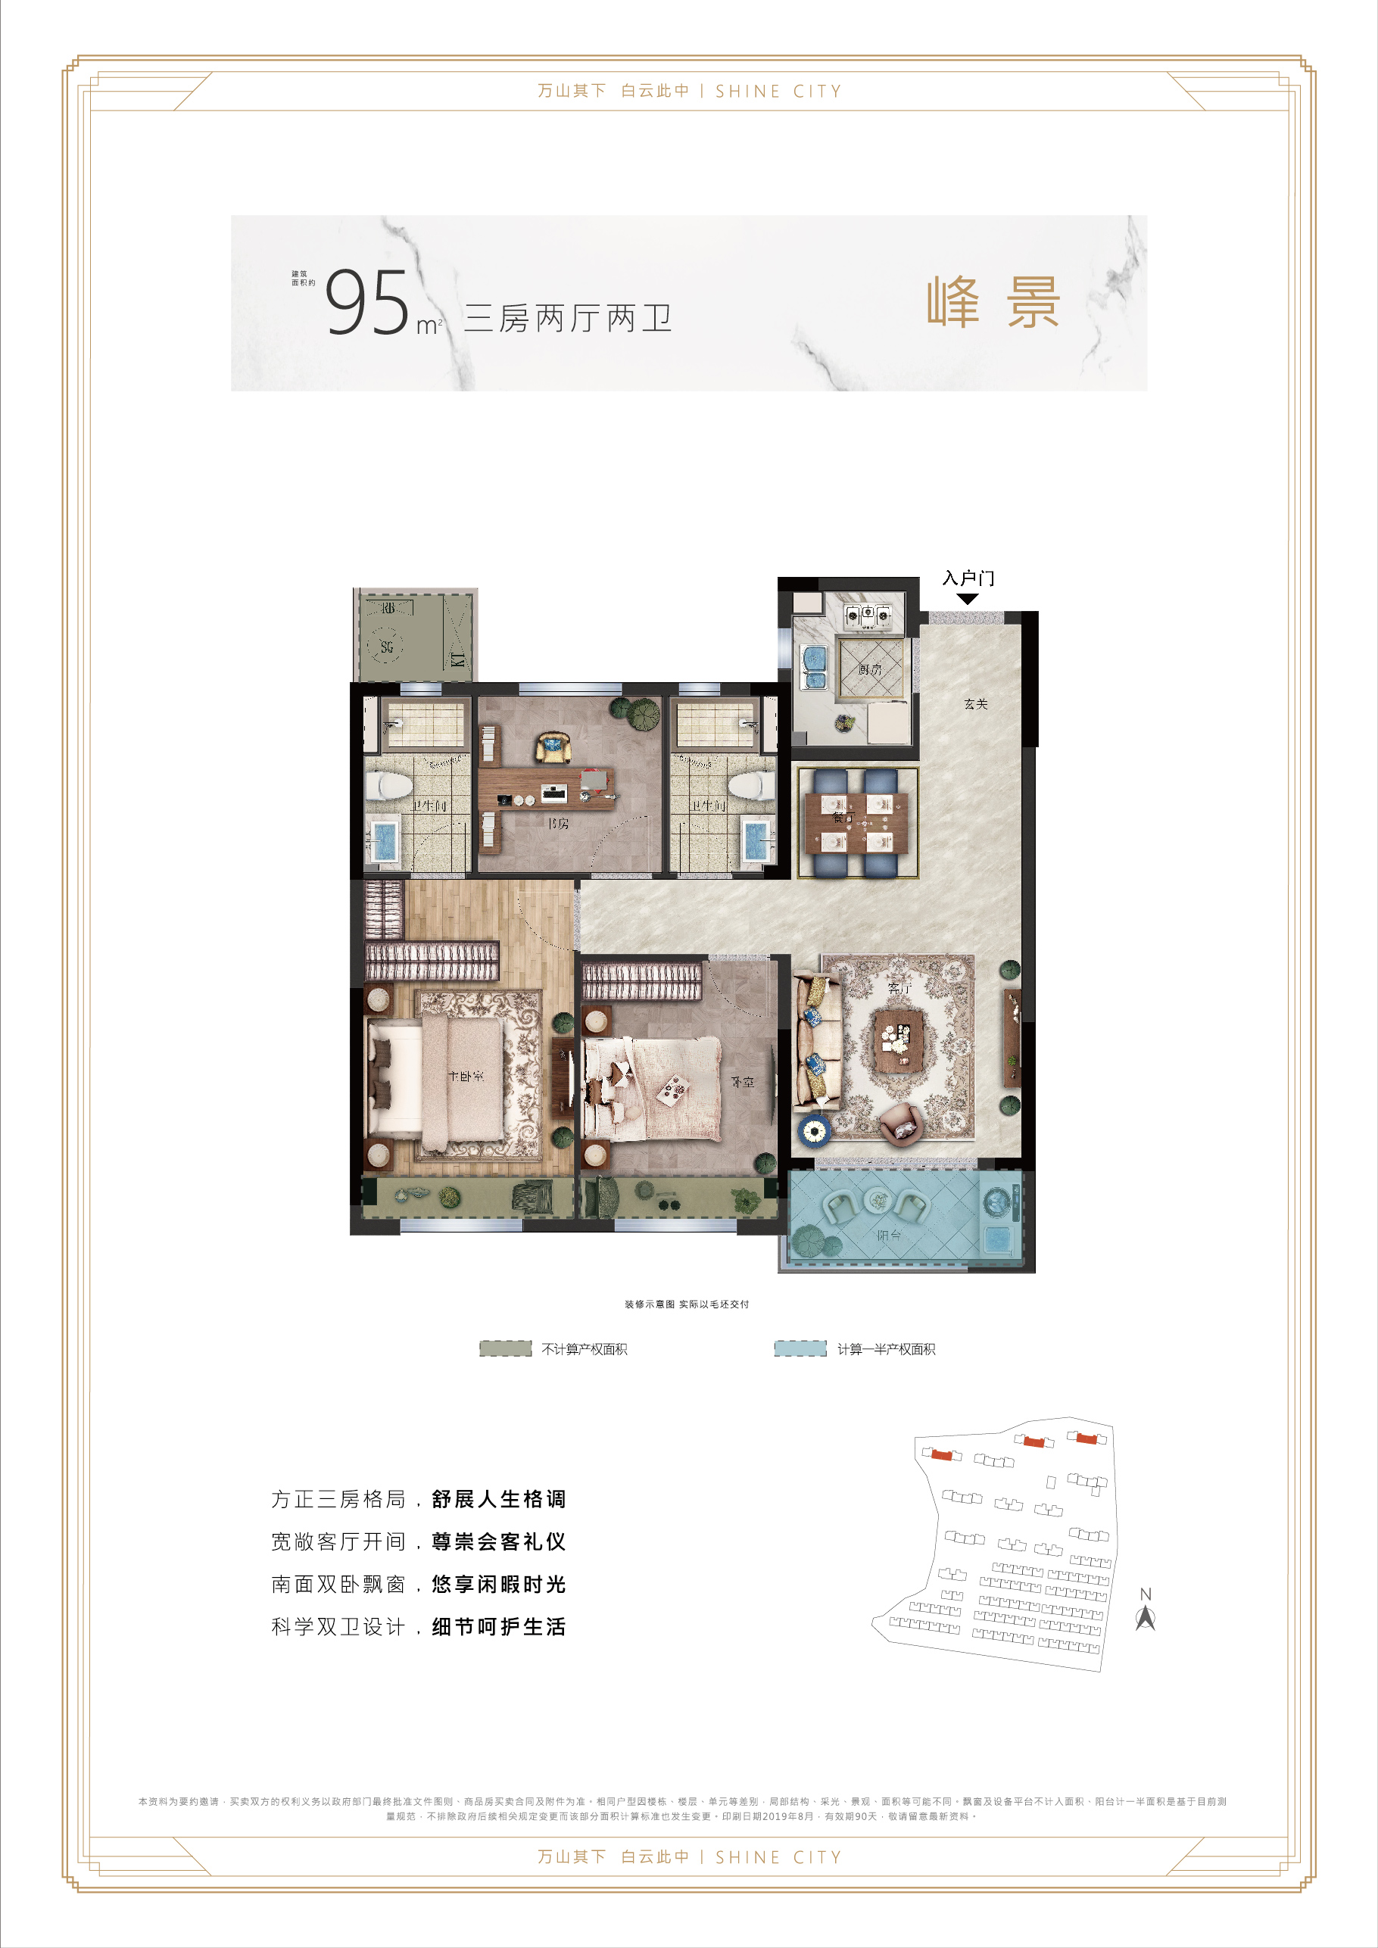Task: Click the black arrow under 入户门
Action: [x=968, y=599]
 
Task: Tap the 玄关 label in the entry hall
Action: [x=976, y=703]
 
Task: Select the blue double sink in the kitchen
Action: [x=815, y=668]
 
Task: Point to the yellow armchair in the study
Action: [x=553, y=747]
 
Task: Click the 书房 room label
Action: [x=557, y=823]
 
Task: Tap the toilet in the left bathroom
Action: [x=391, y=786]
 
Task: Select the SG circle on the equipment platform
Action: [x=387, y=647]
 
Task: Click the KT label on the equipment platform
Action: [x=458, y=659]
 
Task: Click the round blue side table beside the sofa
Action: [x=815, y=1130]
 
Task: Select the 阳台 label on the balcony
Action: [x=889, y=1236]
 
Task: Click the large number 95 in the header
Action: [x=367, y=303]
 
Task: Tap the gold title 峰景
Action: [x=993, y=302]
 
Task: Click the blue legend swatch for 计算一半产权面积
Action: [x=800, y=1348]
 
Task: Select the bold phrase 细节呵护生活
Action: [x=498, y=1626]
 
